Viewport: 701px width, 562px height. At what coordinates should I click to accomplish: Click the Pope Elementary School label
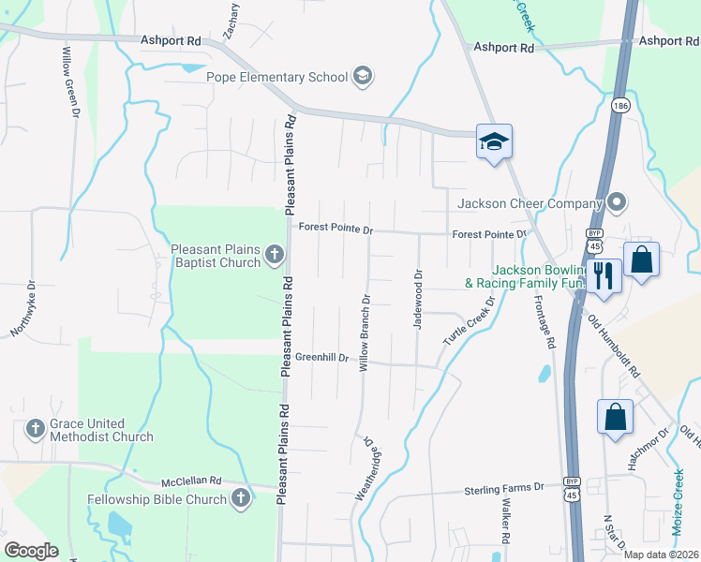277,77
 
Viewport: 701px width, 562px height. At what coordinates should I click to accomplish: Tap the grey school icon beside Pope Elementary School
363,77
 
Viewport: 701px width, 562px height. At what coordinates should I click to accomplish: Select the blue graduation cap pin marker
494,142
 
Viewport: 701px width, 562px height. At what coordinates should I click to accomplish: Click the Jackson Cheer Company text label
528,203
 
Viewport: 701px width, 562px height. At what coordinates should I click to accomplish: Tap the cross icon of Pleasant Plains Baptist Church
274,254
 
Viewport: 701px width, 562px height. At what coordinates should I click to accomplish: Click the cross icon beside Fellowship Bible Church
241,498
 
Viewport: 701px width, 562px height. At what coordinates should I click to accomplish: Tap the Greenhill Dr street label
321,358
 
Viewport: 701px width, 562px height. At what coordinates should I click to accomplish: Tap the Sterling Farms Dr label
504,489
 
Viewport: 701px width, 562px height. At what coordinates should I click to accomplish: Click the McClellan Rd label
190,480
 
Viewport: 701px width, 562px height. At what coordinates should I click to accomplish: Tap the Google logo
32,551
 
